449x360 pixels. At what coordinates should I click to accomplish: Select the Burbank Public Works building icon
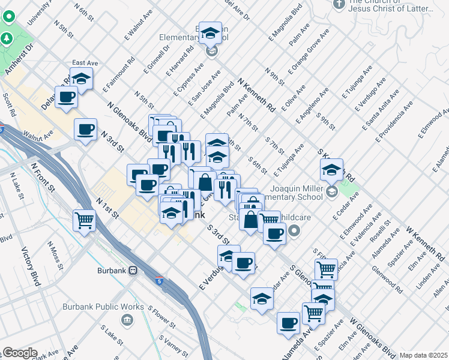[127, 319]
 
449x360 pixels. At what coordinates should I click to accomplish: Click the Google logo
[20, 353]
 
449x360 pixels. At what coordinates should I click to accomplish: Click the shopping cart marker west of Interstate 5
[85, 220]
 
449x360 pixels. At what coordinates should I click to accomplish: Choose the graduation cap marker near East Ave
[80, 78]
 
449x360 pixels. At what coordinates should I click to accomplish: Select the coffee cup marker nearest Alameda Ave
[288, 322]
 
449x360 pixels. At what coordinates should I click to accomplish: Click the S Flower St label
[161, 317]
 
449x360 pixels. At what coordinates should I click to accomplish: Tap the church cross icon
[339, 4]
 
